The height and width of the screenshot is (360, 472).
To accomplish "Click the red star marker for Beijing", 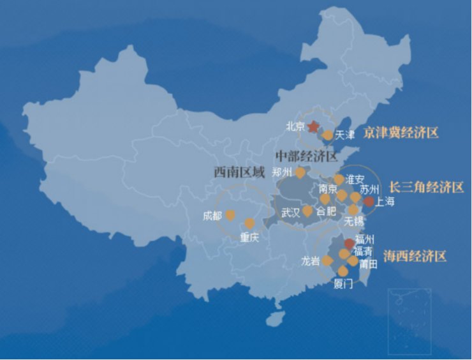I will (x=313, y=126).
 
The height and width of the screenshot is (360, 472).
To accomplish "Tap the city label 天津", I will (x=344, y=135).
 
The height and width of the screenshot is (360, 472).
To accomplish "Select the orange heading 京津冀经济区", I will (x=401, y=133).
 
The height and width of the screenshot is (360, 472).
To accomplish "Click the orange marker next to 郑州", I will (x=300, y=172).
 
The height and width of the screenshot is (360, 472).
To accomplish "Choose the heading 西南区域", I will (x=239, y=172).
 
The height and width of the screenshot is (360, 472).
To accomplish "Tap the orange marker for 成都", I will (x=230, y=215).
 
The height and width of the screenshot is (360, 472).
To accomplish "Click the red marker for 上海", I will (x=369, y=202).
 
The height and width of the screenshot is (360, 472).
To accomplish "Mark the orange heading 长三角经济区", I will (x=426, y=187).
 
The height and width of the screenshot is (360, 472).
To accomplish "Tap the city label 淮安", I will (x=355, y=179).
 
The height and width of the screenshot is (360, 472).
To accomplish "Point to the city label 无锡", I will (x=353, y=221).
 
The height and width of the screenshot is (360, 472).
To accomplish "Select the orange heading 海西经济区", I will (x=415, y=256).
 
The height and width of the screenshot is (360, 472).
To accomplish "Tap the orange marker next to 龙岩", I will (x=327, y=260).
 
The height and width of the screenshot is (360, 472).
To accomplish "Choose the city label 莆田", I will (x=369, y=263).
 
